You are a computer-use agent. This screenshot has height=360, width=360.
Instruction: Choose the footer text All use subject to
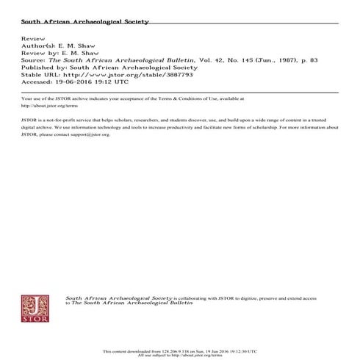point(166,356)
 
